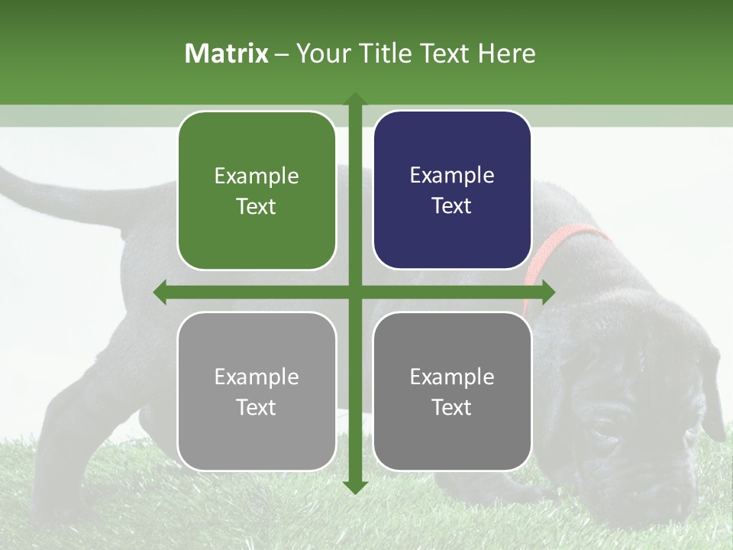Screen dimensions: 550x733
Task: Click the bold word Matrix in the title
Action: (x=226, y=53)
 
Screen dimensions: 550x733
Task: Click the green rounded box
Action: (x=257, y=191)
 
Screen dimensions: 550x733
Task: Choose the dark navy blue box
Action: (x=452, y=190)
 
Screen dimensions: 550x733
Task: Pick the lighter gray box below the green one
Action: (x=257, y=391)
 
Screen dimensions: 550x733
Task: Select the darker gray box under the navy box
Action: (x=452, y=391)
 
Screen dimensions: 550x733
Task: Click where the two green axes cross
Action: (x=355, y=292)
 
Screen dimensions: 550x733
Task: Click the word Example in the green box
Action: (x=257, y=176)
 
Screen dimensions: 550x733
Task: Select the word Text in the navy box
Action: (x=452, y=206)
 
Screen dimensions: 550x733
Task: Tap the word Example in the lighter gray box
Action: (x=257, y=377)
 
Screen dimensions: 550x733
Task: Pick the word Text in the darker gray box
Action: (x=452, y=407)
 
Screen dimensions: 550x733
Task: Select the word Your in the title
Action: (x=321, y=53)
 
